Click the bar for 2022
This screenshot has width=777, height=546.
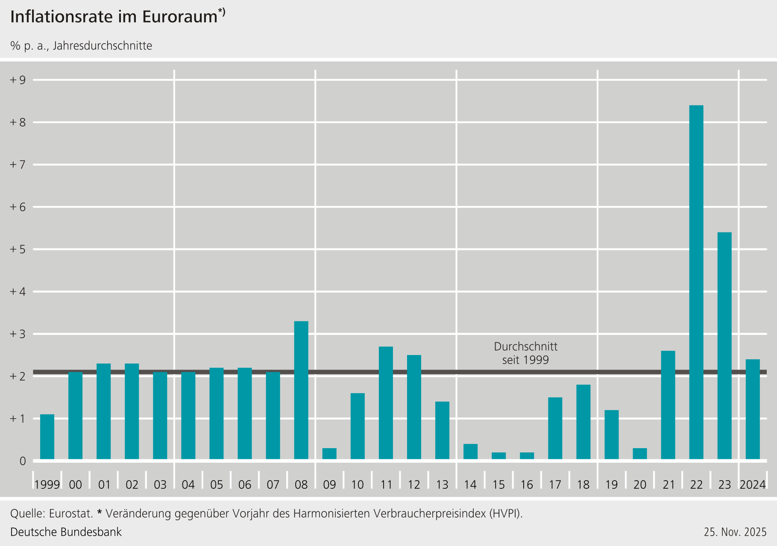point(696,282)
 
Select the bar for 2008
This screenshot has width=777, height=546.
point(301,390)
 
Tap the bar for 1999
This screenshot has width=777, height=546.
point(47,437)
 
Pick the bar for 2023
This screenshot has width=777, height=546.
point(724,346)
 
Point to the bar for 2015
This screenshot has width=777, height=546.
point(498,456)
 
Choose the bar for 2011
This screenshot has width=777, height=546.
point(386,403)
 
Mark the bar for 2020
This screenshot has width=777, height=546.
point(640,454)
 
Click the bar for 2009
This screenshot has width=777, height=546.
point(329,454)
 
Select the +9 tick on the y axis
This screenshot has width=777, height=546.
point(18,80)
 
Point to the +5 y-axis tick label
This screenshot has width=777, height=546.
point(18,249)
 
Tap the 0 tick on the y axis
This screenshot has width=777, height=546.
point(23,461)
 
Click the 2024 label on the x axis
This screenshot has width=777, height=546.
point(753,484)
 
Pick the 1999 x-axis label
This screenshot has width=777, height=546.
point(47,484)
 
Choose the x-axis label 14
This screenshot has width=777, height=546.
point(470,484)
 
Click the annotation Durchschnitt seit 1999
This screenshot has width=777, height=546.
point(525,353)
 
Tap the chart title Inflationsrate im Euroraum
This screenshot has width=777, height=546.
point(114,17)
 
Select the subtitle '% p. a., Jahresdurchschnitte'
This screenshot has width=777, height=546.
point(81,46)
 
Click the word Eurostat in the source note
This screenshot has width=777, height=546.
point(70,513)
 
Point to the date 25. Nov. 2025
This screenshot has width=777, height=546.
point(735,532)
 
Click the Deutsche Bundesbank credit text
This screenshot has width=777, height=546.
point(66,532)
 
